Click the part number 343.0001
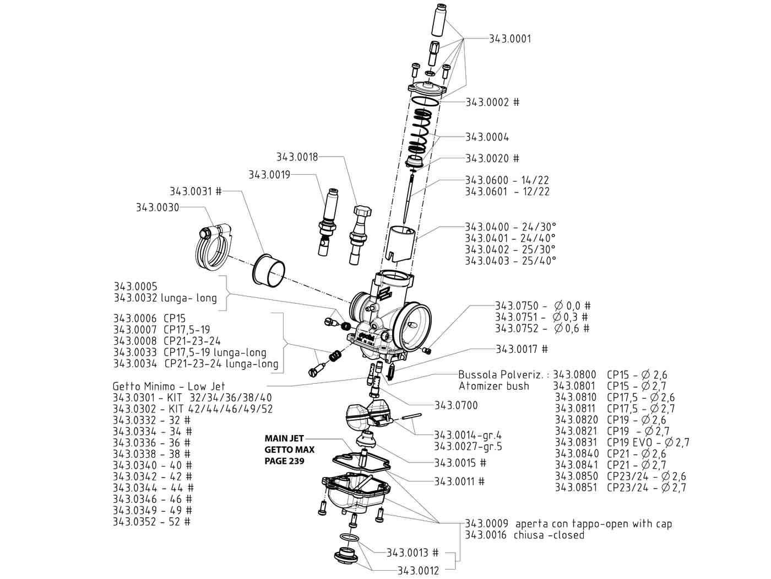[510, 39]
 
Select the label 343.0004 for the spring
[487, 137]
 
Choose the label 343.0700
[456, 405]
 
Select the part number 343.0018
[297, 157]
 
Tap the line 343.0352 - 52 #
[152, 521]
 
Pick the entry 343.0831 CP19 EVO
[622, 442]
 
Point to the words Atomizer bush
[493, 386]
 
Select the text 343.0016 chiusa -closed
[524, 535]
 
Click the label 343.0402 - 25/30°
[511, 249]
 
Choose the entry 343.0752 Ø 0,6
[542, 328]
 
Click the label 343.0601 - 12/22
[507, 191]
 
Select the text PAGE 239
[284, 460]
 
